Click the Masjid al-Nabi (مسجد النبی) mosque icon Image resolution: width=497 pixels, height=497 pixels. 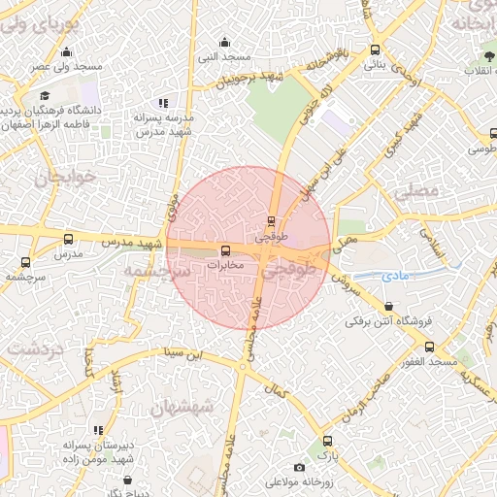tap(225, 42)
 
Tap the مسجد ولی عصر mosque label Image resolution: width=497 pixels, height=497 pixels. tap(66, 66)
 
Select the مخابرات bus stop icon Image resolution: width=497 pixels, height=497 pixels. tap(225, 251)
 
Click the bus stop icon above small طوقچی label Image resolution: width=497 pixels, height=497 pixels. tap(271, 220)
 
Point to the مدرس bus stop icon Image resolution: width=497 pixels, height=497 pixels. tap(67, 239)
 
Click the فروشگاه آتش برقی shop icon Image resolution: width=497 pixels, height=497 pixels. tap(389, 307)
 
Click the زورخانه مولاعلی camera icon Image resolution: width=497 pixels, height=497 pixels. tap(299, 468)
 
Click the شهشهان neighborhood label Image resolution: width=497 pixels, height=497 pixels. tap(181, 408)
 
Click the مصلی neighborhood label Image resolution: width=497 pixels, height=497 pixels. tap(416, 191)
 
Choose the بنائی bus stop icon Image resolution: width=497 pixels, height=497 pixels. tap(375, 50)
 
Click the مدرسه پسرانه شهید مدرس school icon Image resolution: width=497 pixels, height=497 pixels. tap(163, 103)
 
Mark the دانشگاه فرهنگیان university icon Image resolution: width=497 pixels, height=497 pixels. tap(45, 96)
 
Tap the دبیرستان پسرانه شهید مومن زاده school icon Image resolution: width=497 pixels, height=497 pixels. tap(97, 430)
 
